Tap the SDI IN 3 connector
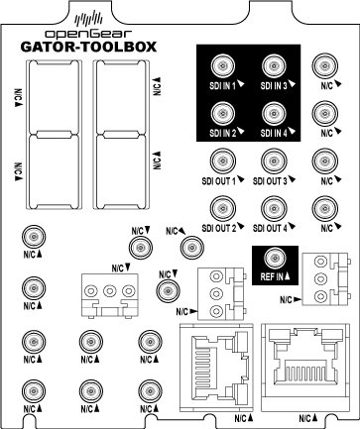[x=271, y=66]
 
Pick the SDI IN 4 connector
[x=271, y=112]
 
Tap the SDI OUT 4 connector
[x=271, y=206]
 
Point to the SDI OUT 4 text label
[x=270, y=229]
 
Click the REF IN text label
[x=266, y=276]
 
